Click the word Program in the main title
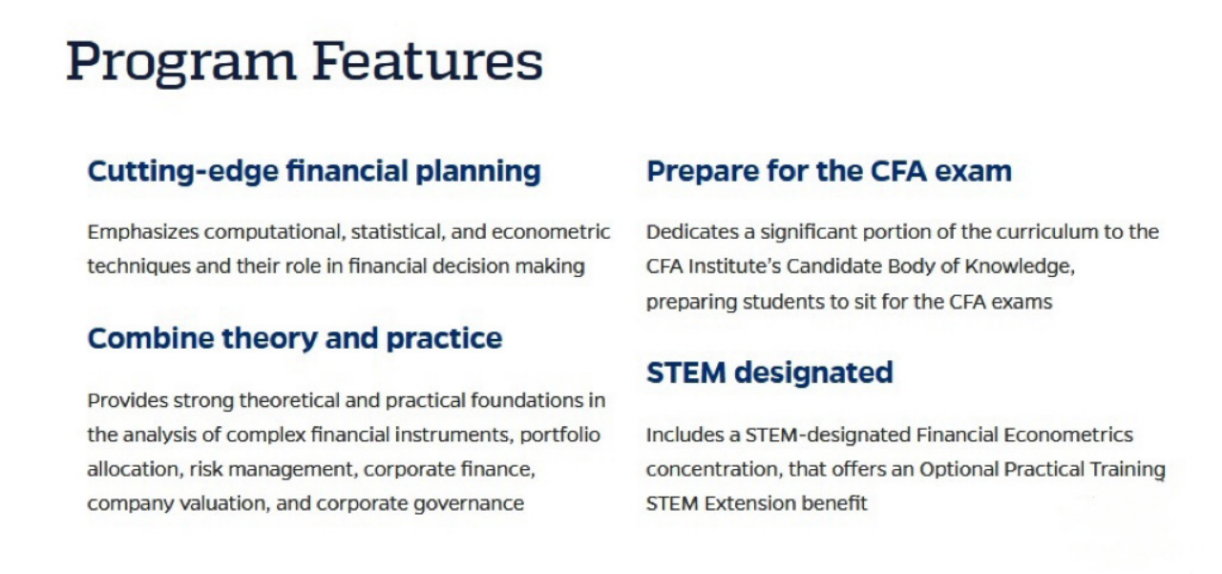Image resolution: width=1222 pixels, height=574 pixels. click(x=181, y=62)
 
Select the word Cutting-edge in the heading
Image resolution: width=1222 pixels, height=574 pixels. click(x=183, y=172)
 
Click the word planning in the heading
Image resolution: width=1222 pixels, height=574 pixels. click(x=478, y=172)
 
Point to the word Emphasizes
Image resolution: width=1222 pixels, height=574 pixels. click(x=143, y=233)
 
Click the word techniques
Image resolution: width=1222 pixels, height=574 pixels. click(x=139, y=266)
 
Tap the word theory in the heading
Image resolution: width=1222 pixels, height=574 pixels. click(x=270, y=339)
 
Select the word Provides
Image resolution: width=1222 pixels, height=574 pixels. click(x=128, y=400)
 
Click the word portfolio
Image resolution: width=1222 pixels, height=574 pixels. click(x=559, y=436)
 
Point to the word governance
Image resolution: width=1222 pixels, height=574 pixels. click(x=469, y=504)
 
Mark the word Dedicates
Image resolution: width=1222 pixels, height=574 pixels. click(x=693, y=232)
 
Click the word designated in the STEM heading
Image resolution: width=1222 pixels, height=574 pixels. click(x=813, y=373)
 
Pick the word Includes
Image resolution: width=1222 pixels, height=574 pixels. click(x=685, y=435)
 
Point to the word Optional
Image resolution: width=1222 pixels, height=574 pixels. click(x=959, y=470)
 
